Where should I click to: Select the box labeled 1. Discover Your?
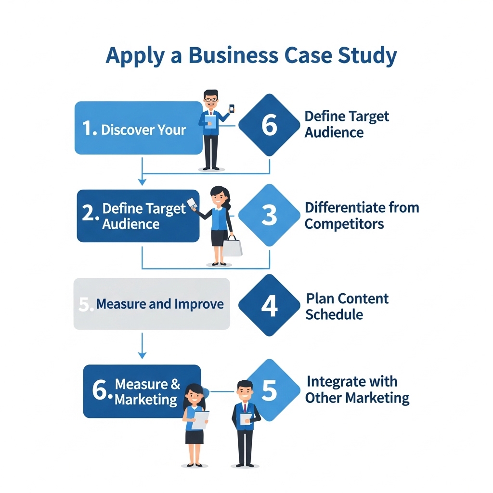click(138, 128)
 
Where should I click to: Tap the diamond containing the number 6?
click(269, 125)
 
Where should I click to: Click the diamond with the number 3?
click(269, 215)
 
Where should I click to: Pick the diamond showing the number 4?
click(269, 305)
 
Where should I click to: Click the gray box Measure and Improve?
click(152, 304)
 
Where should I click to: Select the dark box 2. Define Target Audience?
click(138, 216)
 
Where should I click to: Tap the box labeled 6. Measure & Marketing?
click(142, 391)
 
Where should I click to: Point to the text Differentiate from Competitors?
click(362, 216)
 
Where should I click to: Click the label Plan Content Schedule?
click(347, 306)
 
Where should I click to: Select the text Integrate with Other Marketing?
click(357, 390)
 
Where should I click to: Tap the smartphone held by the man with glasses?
click(232, 109)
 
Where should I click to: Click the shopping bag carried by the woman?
click(233, 247)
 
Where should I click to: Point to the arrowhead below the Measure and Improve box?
click(142, 355)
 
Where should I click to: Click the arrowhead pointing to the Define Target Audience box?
click(142, 182)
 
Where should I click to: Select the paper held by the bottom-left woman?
click(200, 419)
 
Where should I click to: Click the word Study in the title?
click(370, 55)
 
